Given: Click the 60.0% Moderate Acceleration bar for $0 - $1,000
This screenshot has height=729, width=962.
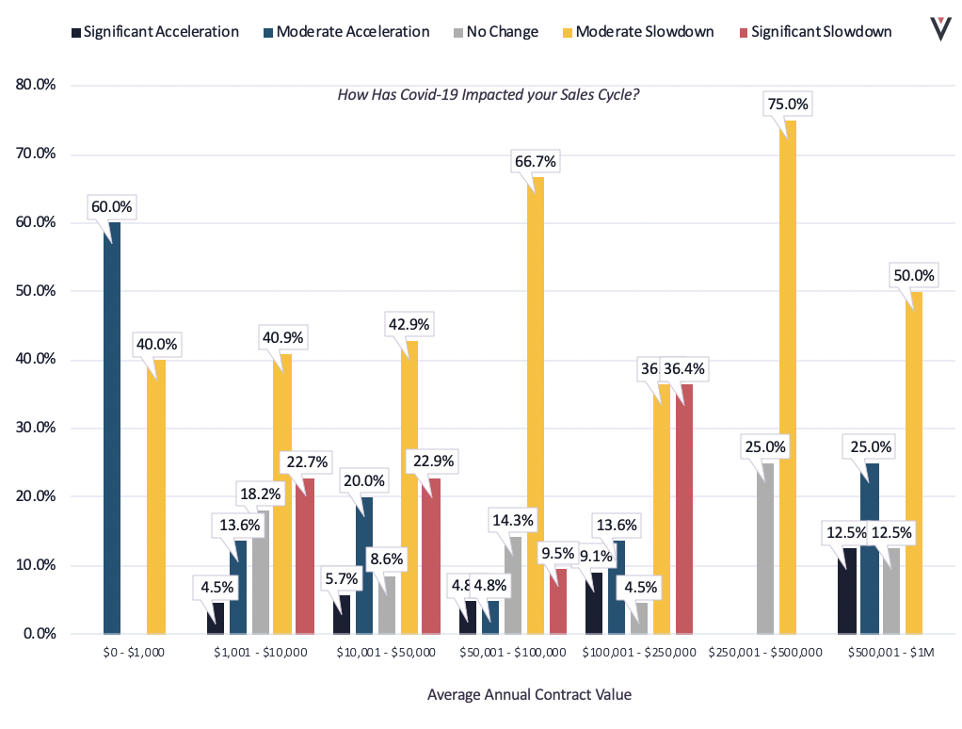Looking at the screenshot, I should pos(111,429).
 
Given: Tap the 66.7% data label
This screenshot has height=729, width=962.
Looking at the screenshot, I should pos(534,162).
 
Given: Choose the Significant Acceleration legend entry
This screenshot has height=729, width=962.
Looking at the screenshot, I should pos(154,32).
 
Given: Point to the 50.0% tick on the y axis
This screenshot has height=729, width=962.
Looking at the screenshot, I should pos(37,291).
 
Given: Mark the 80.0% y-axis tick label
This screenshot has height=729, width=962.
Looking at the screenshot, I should pos(37,86).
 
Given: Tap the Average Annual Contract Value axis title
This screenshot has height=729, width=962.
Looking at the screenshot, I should pos(529,695).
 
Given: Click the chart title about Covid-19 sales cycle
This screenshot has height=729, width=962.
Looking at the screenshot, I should pos(489,95).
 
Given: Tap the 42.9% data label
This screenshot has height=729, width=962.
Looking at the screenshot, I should pos(408,325).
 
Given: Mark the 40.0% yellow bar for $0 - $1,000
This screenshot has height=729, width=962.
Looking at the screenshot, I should pos(156,496).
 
